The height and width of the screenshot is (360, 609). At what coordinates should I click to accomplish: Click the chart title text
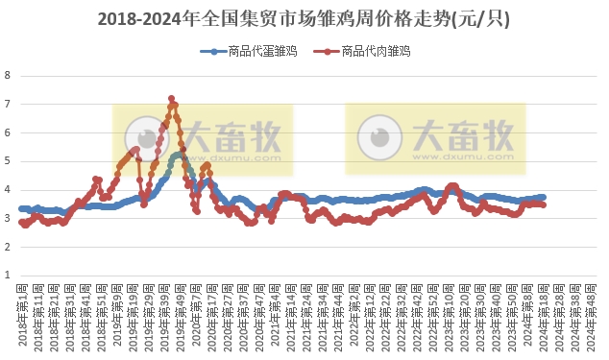click(304, 19)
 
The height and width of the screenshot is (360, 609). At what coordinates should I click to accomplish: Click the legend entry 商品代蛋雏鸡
click(248, 51)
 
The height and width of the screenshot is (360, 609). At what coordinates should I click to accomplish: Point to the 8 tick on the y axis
click(8, 75)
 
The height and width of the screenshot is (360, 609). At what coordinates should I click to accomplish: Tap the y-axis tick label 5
click(8, 161)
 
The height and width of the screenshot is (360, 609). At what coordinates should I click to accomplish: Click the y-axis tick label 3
click(8, 218)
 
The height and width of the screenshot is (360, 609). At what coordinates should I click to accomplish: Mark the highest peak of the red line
click(171, 98)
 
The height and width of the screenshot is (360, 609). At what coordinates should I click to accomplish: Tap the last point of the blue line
click(544, 197)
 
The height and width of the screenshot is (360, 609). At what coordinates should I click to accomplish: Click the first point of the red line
click(21, 222)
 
